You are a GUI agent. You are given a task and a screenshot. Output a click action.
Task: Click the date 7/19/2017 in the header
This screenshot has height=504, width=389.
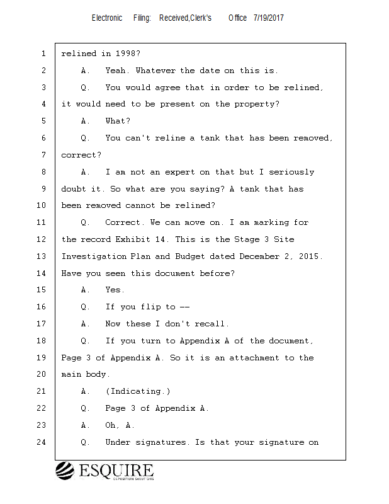(268, 18)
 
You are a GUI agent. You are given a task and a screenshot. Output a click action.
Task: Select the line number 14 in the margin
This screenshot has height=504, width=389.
(42, 273)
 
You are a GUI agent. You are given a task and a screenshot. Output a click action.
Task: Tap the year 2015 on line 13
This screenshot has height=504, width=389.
(308, 256)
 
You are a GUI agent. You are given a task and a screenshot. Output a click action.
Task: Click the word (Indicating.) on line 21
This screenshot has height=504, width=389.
(138, 391)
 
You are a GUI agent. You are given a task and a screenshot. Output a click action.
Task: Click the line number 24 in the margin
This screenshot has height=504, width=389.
(42, 442)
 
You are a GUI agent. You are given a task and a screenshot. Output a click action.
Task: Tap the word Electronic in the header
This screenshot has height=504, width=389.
(107, 18)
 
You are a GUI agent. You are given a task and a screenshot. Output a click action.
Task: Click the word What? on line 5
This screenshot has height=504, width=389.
(118, 121)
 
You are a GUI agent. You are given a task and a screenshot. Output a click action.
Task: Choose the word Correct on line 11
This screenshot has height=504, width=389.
(123, 222)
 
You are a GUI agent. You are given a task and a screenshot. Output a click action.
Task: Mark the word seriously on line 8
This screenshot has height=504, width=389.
(291, 172)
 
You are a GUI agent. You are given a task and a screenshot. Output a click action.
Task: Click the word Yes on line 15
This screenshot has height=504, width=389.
(115, 290)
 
